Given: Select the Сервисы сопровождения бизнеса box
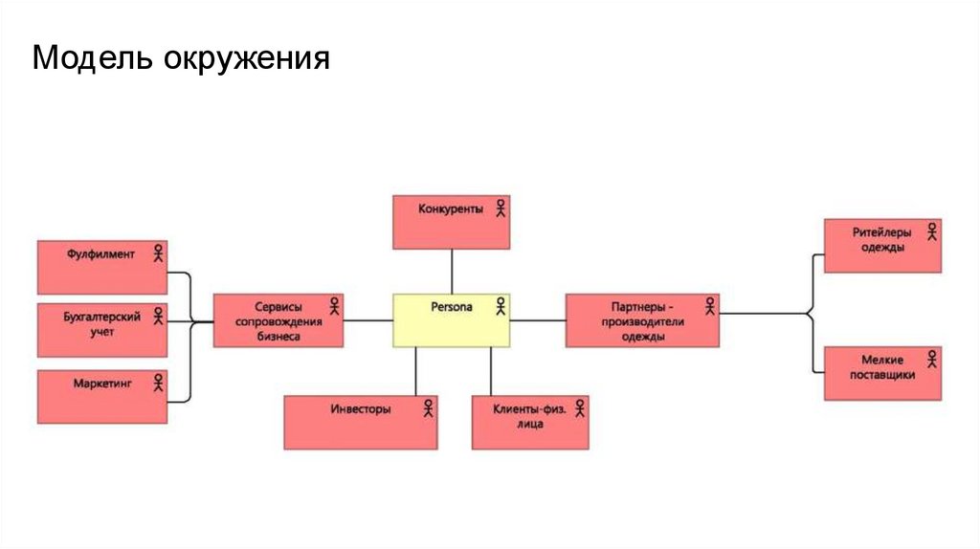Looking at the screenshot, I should click(278, 320).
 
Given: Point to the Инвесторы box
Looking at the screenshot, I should click(360, 422).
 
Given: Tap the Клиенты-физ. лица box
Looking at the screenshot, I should click(529, 422).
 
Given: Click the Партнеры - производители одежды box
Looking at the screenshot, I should click(641, 320).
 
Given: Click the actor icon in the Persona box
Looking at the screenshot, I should click(500, 306).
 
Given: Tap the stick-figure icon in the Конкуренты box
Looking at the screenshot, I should click(500, 208).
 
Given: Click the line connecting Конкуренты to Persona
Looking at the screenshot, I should click(451, 272).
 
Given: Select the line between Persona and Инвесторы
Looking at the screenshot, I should click(416, 371).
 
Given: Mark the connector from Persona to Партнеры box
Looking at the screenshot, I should click(538, 320).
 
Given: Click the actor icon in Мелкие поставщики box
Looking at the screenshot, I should click(932, 360).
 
